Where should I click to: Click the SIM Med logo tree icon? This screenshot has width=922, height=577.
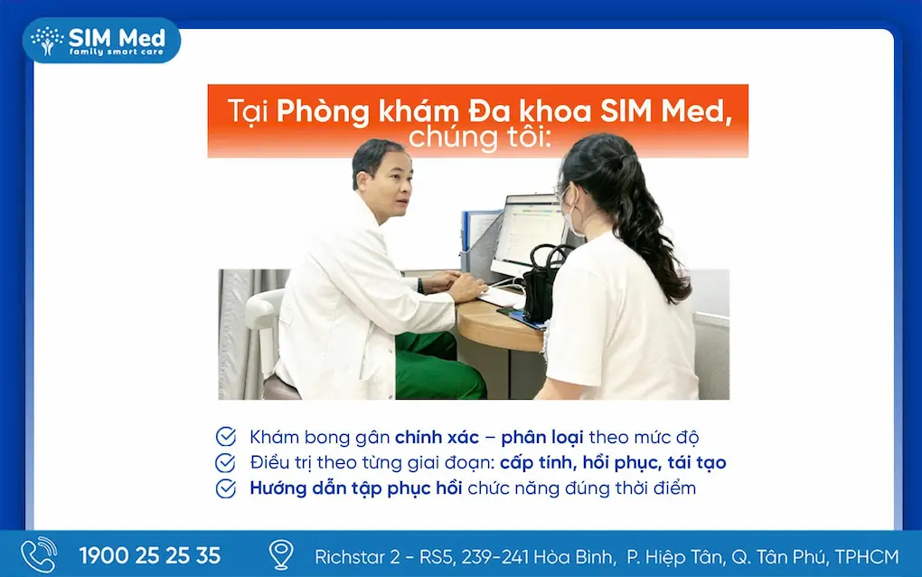click(x=47, y=41)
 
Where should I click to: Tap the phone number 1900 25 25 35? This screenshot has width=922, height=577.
click(x=150, y=556)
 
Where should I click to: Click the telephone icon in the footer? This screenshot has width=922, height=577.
click(x=39, y=554)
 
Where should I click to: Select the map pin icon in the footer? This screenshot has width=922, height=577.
click(x=281, y=554)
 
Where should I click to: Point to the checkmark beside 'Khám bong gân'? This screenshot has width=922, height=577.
click(x=226, y=437)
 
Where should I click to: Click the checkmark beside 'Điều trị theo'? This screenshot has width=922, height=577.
click(x=226, y=463)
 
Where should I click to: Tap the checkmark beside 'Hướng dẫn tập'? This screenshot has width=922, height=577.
click(x=226, y=488)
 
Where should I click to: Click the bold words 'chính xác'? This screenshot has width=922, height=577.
click(x=437, y=437)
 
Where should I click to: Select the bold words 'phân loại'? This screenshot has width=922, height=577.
click(x=542, y=438)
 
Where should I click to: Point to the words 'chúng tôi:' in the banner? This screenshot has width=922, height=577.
click(x=480, y=138)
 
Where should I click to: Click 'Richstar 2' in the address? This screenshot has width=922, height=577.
click(x=357, y=557)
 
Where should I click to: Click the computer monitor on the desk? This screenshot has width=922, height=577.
click(x=529, y=234)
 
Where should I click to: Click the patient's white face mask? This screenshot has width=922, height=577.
click(x=569, y=219)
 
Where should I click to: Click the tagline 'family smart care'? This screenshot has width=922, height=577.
click(x=117, y=52)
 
